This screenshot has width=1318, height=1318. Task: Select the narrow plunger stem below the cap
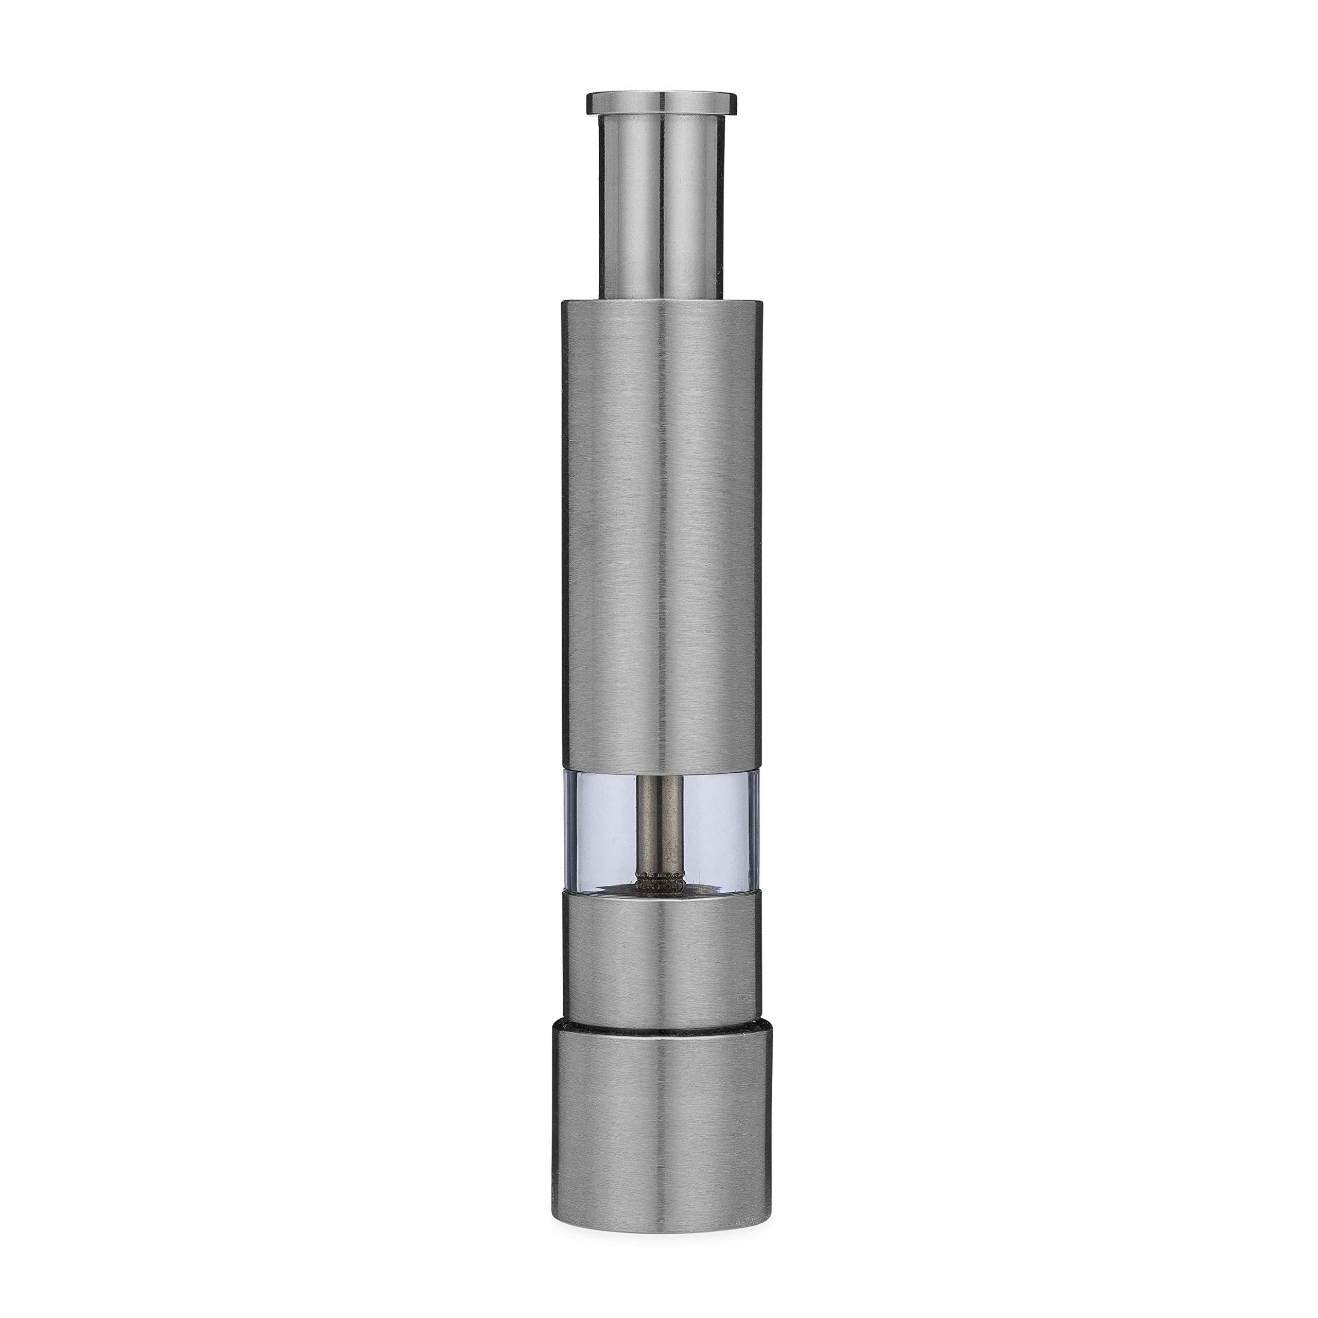pyautogui.click(x=661, y=205)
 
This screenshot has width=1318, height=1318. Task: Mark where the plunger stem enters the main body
pyautogui.click(x=661, y=298)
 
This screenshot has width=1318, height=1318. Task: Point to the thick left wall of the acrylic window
pyautogui.click(x=567, y=825)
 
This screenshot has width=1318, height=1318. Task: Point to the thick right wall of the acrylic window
pyautogui.click(x=753, y=825)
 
